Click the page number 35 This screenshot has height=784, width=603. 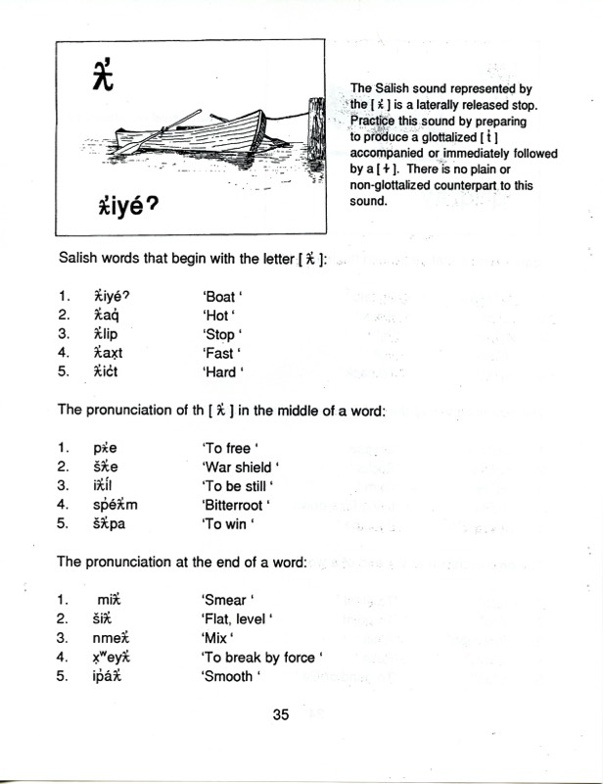282,714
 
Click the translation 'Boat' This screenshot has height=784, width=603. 221,296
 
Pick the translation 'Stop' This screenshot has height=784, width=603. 220,334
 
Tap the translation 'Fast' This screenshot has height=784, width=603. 220,353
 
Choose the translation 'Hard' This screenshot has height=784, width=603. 221,372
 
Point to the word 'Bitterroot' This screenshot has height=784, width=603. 235,505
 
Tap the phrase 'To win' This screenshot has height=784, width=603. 226,523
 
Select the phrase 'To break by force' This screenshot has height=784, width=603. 261,657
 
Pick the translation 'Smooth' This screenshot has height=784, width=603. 230,676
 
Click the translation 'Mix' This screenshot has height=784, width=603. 217,638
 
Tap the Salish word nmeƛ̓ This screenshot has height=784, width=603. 100,638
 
